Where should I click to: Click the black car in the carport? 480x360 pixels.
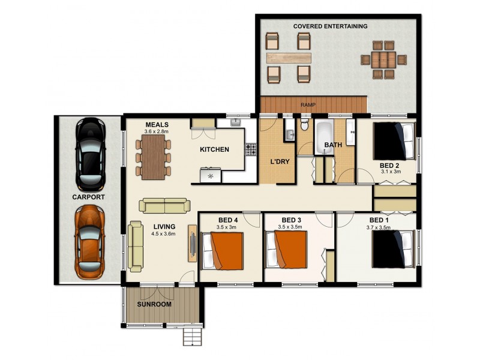90,153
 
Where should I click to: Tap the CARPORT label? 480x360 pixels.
88,197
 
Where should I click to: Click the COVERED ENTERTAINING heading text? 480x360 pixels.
330,26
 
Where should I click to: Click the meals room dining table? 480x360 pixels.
154,157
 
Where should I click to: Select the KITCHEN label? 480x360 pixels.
214,149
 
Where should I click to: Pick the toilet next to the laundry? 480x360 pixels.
304,126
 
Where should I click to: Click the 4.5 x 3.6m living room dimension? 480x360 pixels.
163,234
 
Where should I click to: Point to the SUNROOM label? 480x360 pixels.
154,304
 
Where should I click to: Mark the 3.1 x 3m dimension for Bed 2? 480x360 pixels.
390,171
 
